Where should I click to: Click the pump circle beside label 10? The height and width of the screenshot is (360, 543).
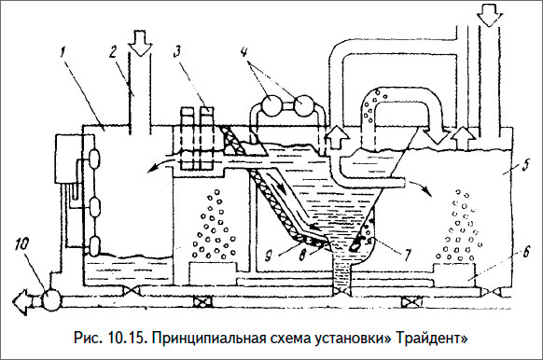tap(49, 301)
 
